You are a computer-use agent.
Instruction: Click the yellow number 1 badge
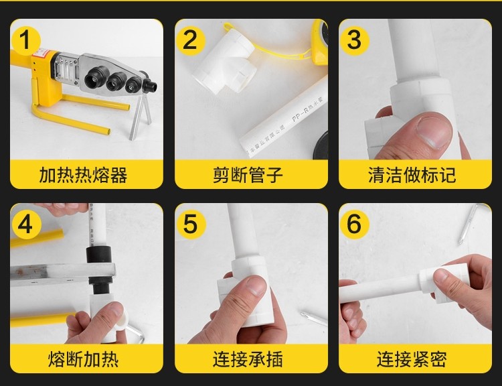25,40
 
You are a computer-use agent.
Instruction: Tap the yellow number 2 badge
190,40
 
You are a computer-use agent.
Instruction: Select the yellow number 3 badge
354,40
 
